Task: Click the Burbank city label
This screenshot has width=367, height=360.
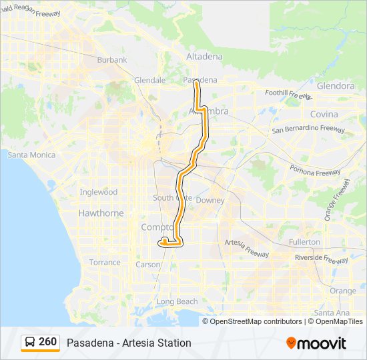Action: [112, 60]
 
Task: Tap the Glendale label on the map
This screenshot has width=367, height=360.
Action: [149, 80]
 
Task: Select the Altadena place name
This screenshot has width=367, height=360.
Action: [204, 57]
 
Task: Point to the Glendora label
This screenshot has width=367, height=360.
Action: [336, 86]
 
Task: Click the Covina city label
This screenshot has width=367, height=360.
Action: [324, 115]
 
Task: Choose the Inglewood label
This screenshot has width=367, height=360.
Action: [99, 192]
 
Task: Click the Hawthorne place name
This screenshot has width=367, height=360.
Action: [101, 213]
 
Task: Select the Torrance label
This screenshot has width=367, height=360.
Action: [105, 263]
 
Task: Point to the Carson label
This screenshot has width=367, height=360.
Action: [148, 265]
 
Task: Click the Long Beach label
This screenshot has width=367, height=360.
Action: [177, 302]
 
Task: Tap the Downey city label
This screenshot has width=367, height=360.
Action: [210, 200]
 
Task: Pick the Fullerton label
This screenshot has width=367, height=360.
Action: [304, 242]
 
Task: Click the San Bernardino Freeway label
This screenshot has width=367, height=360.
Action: [308, 129]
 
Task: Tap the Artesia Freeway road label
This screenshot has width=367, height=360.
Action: [247, 248]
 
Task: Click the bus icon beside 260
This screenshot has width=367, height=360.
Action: [30, 342]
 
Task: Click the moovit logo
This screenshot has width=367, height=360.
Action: [316, 343]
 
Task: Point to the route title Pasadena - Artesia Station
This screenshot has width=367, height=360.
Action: [129, 343]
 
